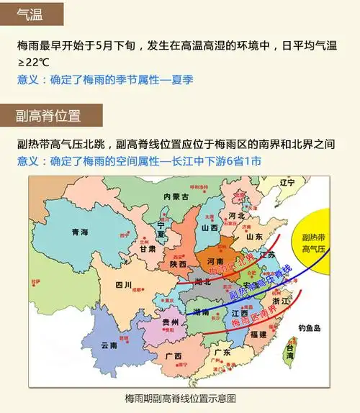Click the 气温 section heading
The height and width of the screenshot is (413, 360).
[30, 13]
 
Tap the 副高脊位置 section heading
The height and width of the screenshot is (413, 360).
[48, 114]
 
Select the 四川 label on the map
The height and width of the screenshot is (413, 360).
[123, 285]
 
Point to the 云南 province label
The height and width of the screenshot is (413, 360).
[109, 345]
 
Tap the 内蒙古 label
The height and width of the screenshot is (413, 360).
[176, 196]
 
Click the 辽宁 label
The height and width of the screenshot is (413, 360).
[287, 182]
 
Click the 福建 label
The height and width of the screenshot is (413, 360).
[258, 335]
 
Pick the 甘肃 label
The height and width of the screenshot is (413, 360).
[148, 248]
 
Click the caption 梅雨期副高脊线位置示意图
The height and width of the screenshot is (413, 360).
[180, 398]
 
